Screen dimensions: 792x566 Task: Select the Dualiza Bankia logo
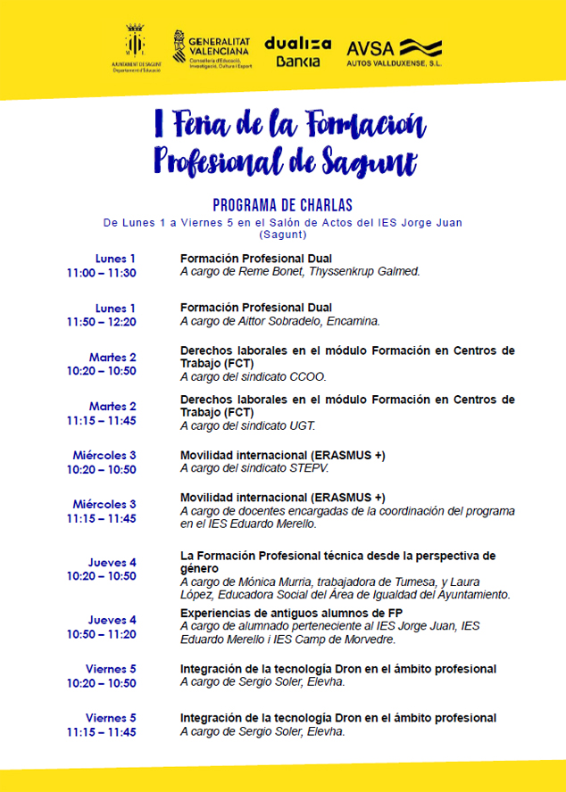297,52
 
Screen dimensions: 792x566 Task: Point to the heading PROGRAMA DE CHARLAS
283,204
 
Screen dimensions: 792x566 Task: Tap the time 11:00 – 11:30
101,273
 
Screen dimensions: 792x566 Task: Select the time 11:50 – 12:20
101,322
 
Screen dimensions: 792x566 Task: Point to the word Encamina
355,321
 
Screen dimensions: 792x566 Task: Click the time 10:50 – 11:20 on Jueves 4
101,634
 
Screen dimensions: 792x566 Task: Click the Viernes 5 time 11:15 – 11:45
101,732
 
